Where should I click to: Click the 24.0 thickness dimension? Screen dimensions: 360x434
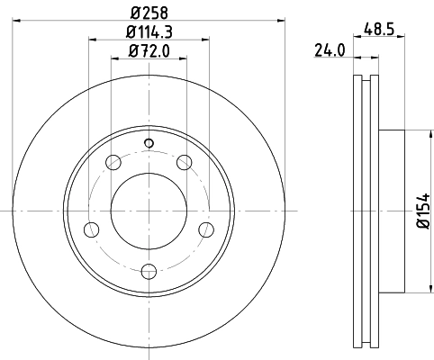(330, 51)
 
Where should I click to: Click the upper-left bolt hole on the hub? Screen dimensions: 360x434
(113, 163)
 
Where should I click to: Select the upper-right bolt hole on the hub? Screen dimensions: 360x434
(185, 163)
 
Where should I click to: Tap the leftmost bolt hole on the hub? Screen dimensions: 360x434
(91, 229)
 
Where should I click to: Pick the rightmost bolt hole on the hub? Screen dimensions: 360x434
(207, 229)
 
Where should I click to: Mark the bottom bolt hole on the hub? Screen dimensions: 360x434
(149, 270)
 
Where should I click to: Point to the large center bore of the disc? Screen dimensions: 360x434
(149, 211)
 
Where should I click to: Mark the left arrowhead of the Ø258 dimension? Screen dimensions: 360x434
(20, 22)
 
